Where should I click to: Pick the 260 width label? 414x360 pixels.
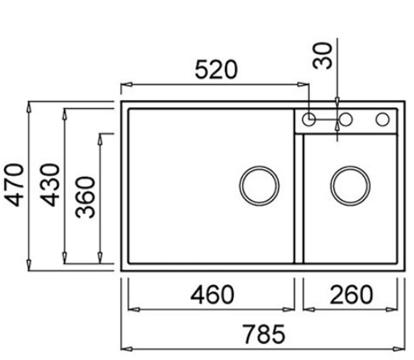(352, 294)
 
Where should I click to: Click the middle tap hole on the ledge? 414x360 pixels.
(345, 120)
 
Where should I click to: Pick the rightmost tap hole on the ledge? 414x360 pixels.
(382, 120)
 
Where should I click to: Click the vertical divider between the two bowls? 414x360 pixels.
(299, 202)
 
